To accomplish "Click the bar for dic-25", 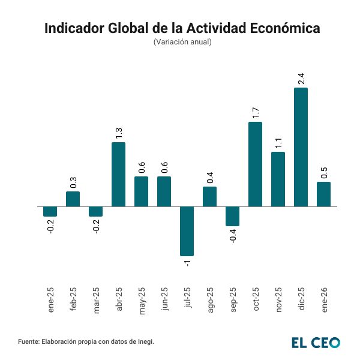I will pos(301,147).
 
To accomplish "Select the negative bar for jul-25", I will pos(187,231).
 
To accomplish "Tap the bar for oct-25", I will pos(255,164).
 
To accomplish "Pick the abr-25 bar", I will pos(118,174).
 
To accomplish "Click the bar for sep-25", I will pos(232,216).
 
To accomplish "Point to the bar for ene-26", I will pos(323,194).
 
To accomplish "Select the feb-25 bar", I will pos(73,199).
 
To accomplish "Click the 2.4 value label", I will pos(301,78).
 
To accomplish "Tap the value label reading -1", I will pos(187,263).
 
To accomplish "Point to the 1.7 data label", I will pos(256,112).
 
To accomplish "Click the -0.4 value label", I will pos(233,236).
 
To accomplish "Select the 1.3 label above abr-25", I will pos(119,133).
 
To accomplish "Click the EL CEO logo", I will pos(316,343).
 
